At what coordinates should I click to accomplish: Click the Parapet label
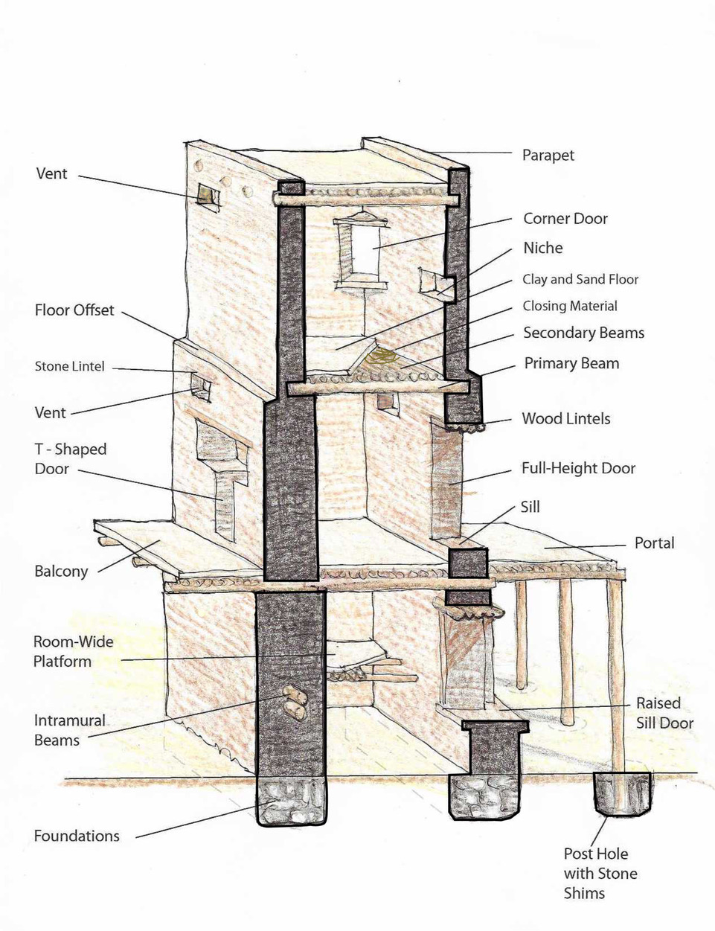548,156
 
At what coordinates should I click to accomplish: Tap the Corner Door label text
565,219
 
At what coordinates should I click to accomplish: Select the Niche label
542,249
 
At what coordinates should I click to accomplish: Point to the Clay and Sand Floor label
580,280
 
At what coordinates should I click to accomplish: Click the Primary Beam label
571,364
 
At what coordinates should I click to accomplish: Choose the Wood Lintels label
565,419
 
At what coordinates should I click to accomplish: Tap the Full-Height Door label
578,469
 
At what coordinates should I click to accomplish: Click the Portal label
654,543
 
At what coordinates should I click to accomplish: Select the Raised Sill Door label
664,713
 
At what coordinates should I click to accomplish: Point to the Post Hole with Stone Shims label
600,874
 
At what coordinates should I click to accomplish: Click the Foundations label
77,836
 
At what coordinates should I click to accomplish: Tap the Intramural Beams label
70,730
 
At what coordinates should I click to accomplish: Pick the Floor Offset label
74,310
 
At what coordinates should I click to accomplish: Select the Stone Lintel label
70,367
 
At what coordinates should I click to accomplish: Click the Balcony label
61,572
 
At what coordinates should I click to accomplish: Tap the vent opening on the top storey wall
208,195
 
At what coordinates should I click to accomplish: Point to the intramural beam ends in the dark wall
295,703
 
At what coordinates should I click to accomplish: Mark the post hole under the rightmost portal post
622,793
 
